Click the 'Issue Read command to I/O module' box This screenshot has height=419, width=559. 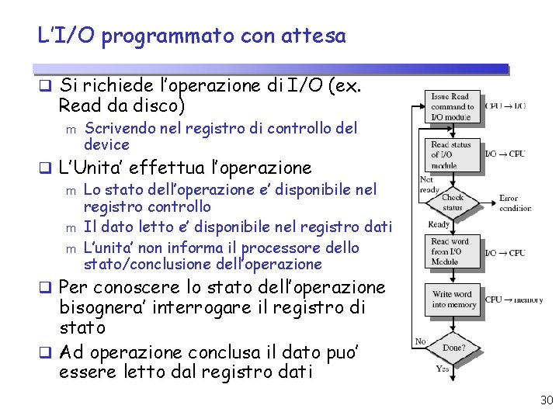pos(452,106)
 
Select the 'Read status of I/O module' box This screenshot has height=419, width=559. pos(451,154)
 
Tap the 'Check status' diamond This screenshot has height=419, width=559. pos(452,203)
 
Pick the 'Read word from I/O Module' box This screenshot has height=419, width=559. pos(451,252)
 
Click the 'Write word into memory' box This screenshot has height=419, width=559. pos(452,299)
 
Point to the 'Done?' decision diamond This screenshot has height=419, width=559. pos(452,348)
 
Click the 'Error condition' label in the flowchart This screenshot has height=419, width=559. pos(514,203)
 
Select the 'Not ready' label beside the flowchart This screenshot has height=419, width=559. pos(429,185)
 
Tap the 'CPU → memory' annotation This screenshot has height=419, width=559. pos(514,299)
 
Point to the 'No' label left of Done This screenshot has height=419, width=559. pos(420,341)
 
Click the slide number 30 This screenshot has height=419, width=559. pos(546,400)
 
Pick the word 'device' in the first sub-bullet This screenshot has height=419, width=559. pos(106,145)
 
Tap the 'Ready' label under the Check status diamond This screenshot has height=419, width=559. pos(439,224)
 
